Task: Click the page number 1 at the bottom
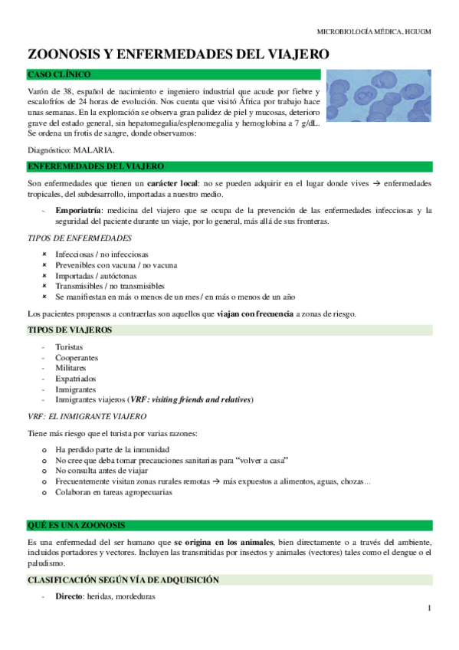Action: [430, 608]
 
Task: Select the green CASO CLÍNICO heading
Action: [58, 74]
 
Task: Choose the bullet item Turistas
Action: [69, 347]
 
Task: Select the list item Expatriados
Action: [76, 379]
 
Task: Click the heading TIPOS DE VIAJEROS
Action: [69, 330]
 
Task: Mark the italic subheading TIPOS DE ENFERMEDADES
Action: [79, 238]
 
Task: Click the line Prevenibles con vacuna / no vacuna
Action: [116, 264]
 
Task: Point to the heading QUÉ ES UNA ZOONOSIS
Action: [76, 525]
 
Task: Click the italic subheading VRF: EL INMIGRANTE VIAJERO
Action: [87, 416]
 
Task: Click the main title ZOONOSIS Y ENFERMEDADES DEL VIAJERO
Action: [179, 54]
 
